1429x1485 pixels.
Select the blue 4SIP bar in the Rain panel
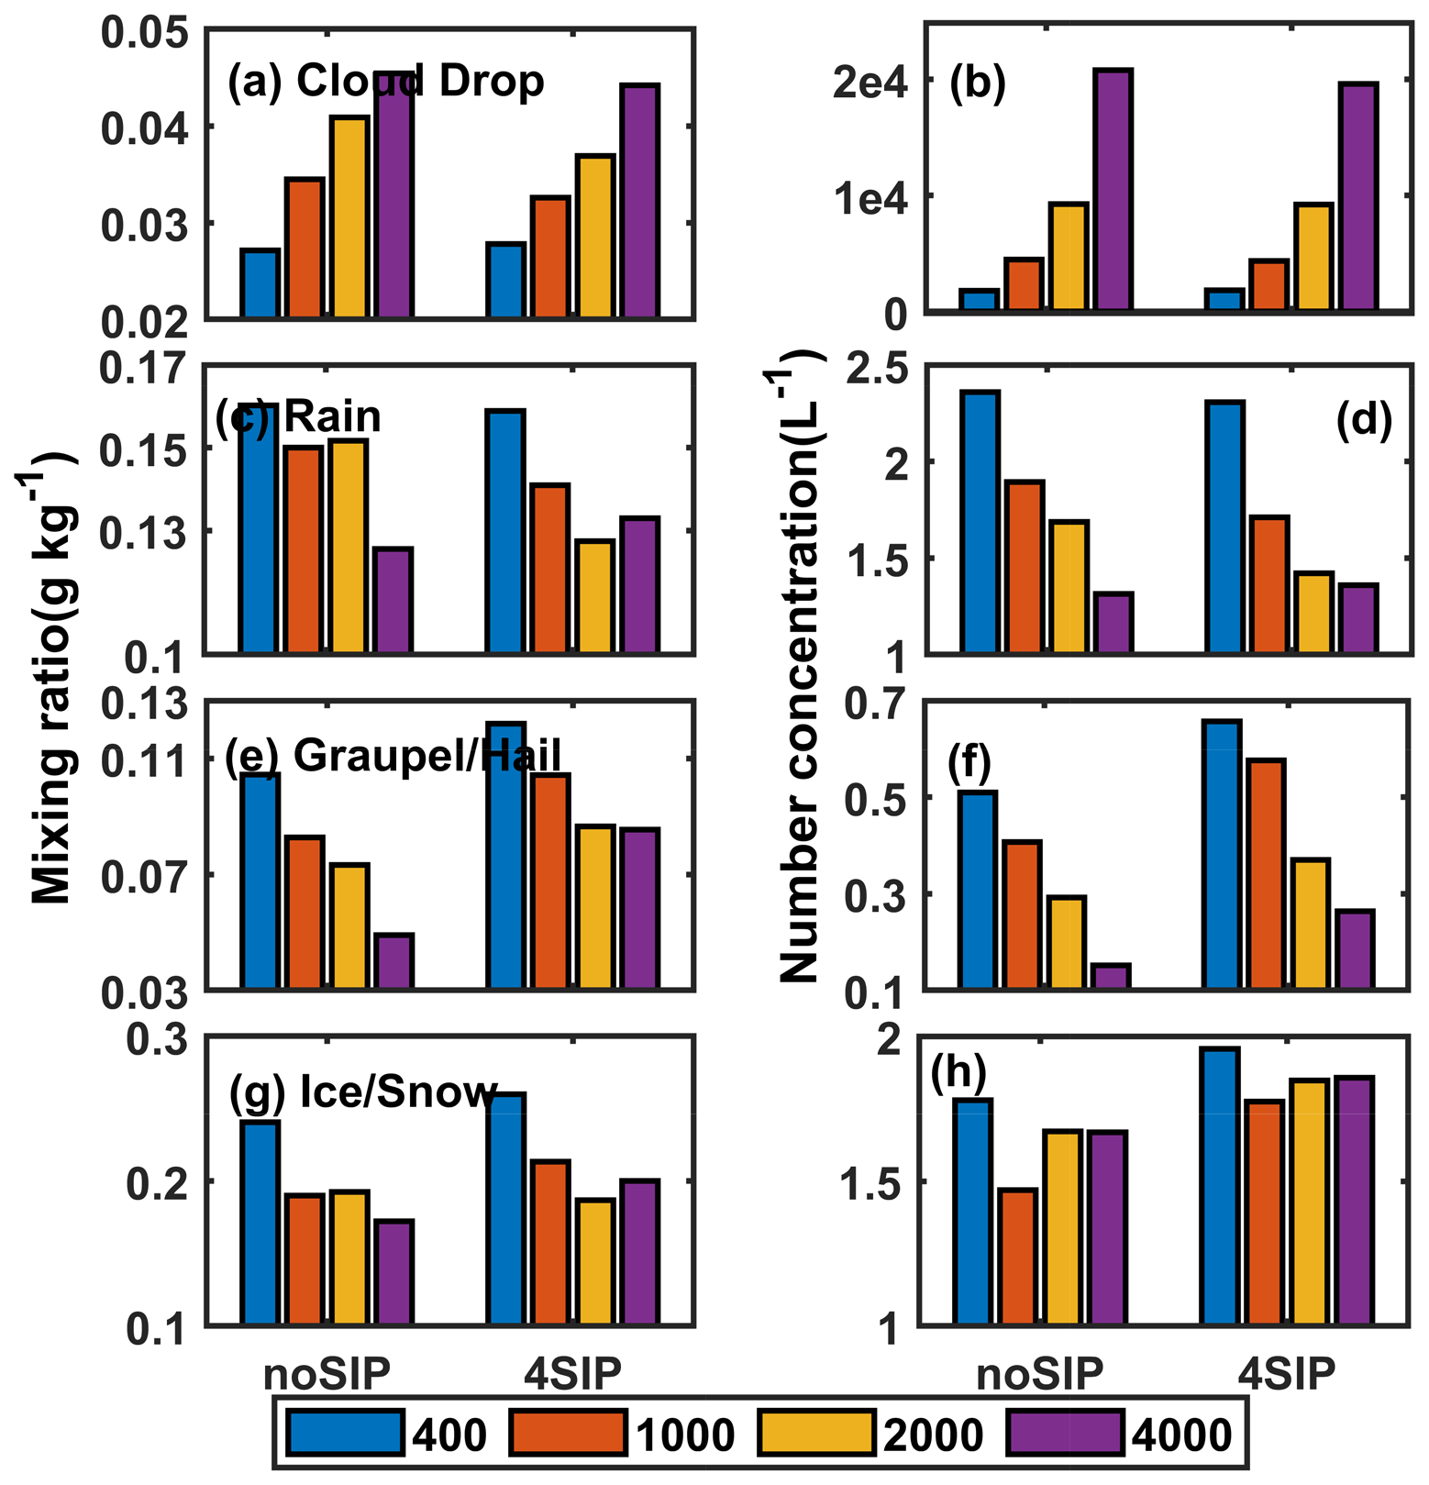(506, 532)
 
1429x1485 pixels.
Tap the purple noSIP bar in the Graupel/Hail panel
(394, 961)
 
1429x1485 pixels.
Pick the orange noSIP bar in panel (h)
(1018, 1257)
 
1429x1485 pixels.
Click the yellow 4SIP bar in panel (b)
(1313, 258)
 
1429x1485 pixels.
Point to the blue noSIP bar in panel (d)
(980, 523)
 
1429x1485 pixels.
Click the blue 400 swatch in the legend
(345, 1433)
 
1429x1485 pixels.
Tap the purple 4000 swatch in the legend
(1065, 1433)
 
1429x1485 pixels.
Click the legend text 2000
(933, 1435)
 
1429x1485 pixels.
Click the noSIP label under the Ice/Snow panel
(327, 1374)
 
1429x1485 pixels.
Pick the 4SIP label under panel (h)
(1286, 1374)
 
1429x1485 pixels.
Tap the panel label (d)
(1364, 419)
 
